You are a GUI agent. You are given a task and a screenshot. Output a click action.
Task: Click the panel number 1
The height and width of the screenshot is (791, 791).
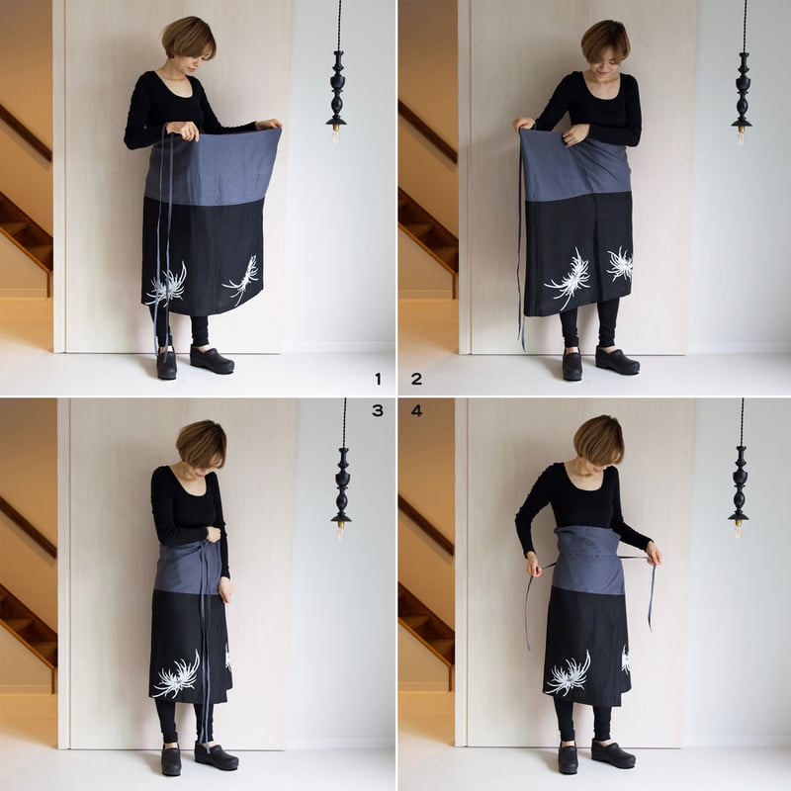[x=377, y=378]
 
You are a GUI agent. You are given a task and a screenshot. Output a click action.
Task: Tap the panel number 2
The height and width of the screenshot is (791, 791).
[x=416, y=378]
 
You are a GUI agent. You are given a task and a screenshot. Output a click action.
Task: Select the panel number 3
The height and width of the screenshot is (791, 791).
[x=377, y=410]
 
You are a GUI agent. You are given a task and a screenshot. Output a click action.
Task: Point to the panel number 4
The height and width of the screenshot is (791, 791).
[x=416, y=410]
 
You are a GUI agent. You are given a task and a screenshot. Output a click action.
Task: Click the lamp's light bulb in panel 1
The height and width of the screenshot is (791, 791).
[x=336, y=134]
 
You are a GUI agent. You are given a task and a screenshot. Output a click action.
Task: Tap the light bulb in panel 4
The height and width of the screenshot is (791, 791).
[x=739, y=529]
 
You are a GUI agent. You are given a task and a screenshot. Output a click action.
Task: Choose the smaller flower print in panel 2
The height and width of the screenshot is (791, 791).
[x=620, y=263]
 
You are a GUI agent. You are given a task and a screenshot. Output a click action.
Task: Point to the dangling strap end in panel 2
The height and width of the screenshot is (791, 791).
[x=521, y=331]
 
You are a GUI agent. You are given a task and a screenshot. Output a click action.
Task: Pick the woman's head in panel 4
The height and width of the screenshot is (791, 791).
[x=598, y=440]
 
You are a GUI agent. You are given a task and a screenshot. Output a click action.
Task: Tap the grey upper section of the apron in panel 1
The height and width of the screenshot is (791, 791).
[x=213, y=163]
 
